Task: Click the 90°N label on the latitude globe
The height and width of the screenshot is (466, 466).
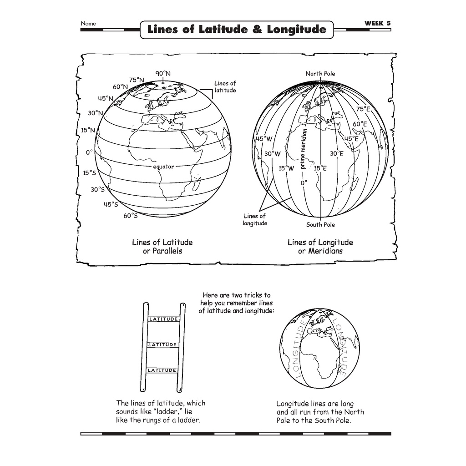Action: pos(162,73)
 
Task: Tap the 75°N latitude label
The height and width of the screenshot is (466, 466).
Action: pos(137,79)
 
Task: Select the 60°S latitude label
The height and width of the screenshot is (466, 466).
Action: pos(130,216)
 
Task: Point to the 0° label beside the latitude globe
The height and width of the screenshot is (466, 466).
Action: pos(89,152)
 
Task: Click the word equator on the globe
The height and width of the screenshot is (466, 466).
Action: pos(163,167)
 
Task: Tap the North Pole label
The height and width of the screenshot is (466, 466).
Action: pos(320,73)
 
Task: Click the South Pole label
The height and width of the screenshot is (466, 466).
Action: pos(320,224)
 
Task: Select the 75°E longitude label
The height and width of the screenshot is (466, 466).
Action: pos(363,109)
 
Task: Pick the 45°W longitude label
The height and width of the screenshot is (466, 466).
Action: pos(264,139)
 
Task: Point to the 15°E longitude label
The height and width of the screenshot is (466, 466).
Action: pos(320,168)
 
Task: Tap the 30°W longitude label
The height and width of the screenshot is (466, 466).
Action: pos(272,154)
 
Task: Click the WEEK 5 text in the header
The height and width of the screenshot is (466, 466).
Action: pos(377,23)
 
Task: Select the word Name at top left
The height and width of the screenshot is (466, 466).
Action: pos(88,23)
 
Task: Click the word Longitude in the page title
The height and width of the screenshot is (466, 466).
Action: pos(297,30)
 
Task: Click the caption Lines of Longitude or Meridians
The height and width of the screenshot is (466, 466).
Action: pos(320,247)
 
